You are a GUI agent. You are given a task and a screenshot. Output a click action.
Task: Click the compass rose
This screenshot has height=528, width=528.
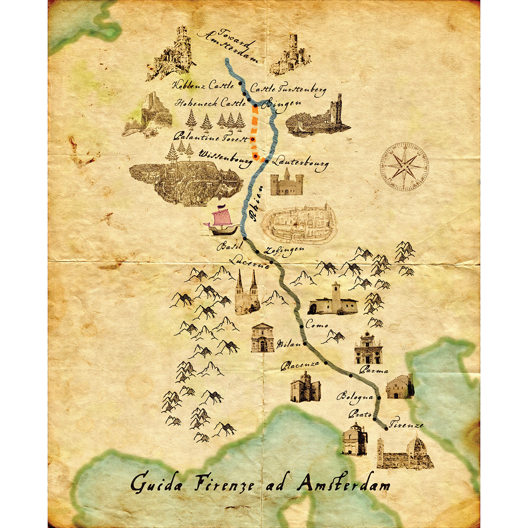[x=404, y=167]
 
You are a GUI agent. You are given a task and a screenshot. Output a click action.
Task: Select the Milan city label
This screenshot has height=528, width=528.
[x=288, y=344]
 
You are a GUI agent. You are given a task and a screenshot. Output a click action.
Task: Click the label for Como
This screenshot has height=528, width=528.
[x=316, y=325]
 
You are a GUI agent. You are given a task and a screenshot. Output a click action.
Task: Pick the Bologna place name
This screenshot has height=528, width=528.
[x=355, y=397]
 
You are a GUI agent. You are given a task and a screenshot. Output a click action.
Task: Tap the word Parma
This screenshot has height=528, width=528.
[x=374, y=370]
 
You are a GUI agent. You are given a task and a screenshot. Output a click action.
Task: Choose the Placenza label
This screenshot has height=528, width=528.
[x=300, y=365]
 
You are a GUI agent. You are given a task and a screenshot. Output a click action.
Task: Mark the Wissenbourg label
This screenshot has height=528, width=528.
[x=225, y=157]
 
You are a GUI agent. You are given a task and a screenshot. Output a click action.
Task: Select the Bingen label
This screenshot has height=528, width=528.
[x=283, y=105]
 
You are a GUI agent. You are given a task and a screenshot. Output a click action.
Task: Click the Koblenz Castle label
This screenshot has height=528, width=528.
[x=203, y=85]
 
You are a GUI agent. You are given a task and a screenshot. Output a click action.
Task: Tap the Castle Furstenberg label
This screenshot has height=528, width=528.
[x=288, y=89]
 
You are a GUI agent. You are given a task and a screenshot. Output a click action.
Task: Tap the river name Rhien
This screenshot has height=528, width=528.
[x=255, y=208]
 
